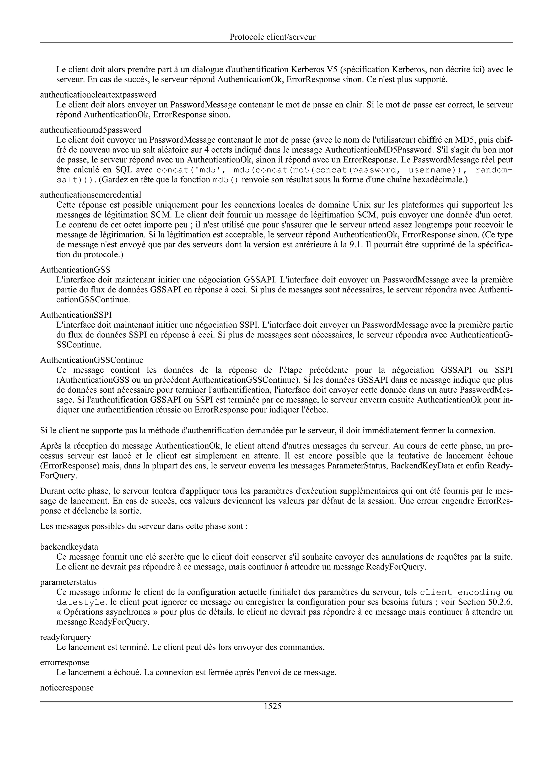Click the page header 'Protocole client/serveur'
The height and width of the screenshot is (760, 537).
(272, 37)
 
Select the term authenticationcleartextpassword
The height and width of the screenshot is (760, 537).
(98, 95)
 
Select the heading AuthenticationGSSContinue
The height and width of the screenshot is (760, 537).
(92, 360)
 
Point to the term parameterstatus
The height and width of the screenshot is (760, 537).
(68, 582)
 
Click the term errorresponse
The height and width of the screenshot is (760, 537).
(65, 662)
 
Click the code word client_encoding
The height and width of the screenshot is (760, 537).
(460, 592)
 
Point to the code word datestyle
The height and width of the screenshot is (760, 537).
(78, 602)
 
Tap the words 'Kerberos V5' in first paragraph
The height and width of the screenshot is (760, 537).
(312, 69)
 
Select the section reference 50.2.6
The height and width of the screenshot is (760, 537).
(500, 602)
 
